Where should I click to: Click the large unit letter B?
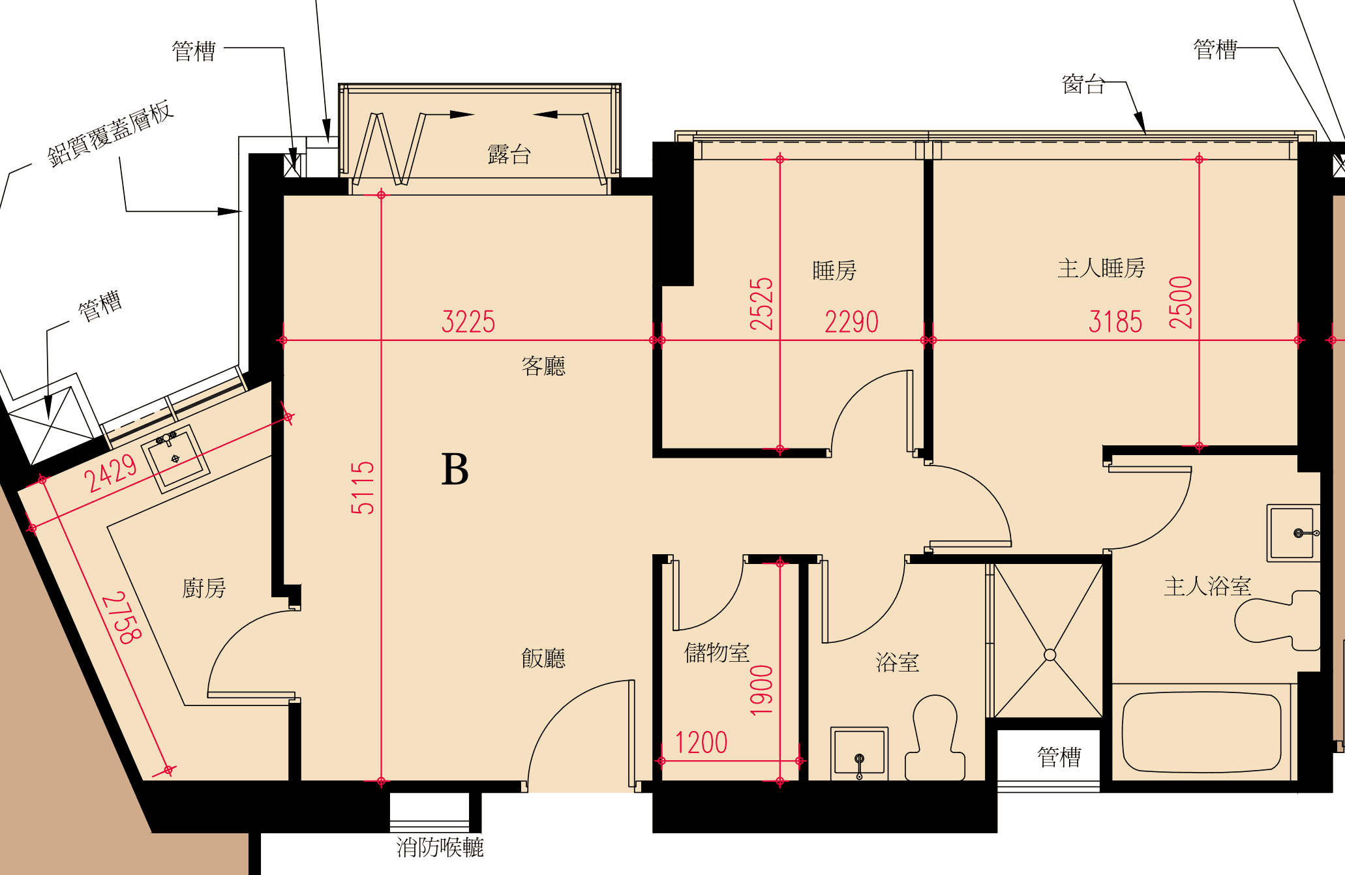pyautogui.click(x=455, y=469)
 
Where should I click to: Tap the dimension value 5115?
pyautogui.click(x=363, y=488)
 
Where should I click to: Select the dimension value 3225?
pyautogui.click(x=468, y=322)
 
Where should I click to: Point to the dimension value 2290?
pyautogui.click(x=851, y=322)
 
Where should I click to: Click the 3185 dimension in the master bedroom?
pyautogui.click(x=1115, y=322)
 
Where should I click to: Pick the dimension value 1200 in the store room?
pyautogui.click(x=701, y=743)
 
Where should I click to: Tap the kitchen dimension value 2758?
pyautogui.click(x=121, y=617)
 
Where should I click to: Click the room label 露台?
pyautogui.click(x=509, y=155)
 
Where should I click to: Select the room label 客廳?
pyautogui.click(x=543, y=366)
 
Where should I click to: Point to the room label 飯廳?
pyautogui.click(x=543, y=658)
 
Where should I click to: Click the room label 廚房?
pyautogui.click(x=204, y=588)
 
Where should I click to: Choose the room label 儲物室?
pyautogui.click(x=717, y=652)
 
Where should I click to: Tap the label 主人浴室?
pyautogui.click(x=1207, y=586)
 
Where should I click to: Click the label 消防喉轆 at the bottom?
pyautogui.click(x=440, y=847)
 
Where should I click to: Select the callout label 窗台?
pyautogui.click(x=1083, y=84)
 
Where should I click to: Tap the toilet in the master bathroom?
pyautogui.click(x=1277, y=620)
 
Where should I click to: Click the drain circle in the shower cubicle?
pyautogui.click(x=1050, y=655)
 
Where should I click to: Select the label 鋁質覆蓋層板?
pyautogui.click(x=110, y=133)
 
